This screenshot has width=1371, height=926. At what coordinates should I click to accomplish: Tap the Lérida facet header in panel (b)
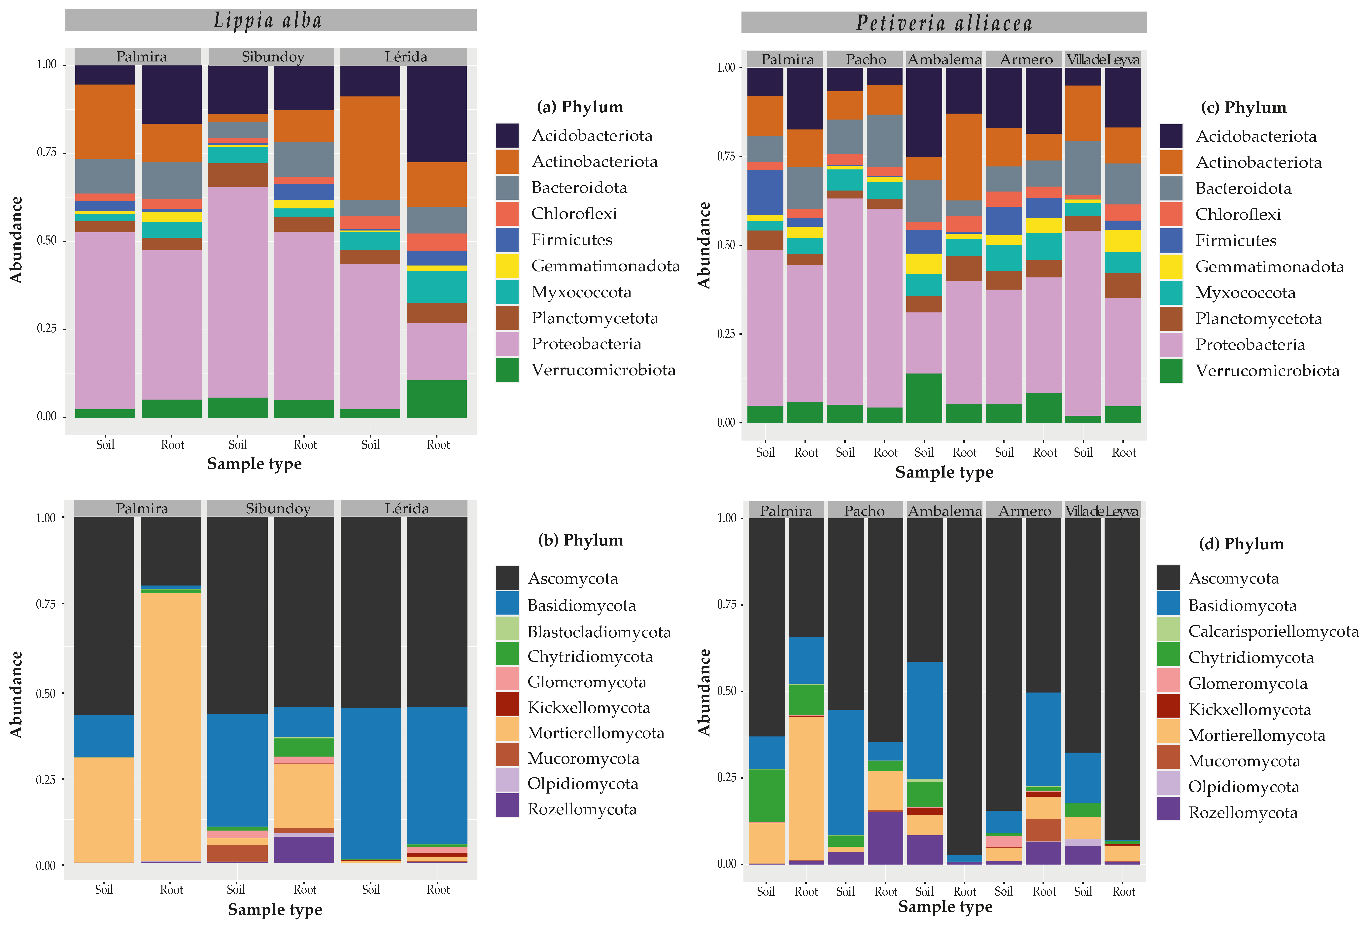point(406,508)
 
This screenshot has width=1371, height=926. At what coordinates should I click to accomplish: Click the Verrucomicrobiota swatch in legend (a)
point(507,370)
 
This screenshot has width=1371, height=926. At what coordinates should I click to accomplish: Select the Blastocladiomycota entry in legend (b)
point(599,631)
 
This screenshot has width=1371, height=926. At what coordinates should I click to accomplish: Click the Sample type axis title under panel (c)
point(944,472)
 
